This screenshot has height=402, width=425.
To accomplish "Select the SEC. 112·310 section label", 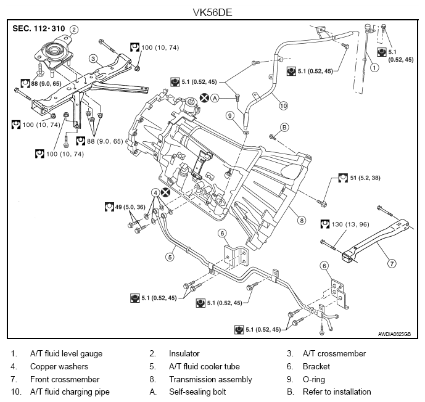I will (38, 29).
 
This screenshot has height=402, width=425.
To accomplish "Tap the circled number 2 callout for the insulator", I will (74, 29).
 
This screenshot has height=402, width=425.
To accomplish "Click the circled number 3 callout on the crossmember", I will (93, 59).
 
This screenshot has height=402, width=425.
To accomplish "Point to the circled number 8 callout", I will (301, 219).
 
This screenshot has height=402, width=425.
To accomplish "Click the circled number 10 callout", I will (284, 105).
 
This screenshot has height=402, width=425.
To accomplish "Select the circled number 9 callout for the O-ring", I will (229, 115).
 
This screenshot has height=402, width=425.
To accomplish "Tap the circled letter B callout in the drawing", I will (284, 127).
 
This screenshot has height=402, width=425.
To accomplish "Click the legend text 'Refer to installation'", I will (337, 392).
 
